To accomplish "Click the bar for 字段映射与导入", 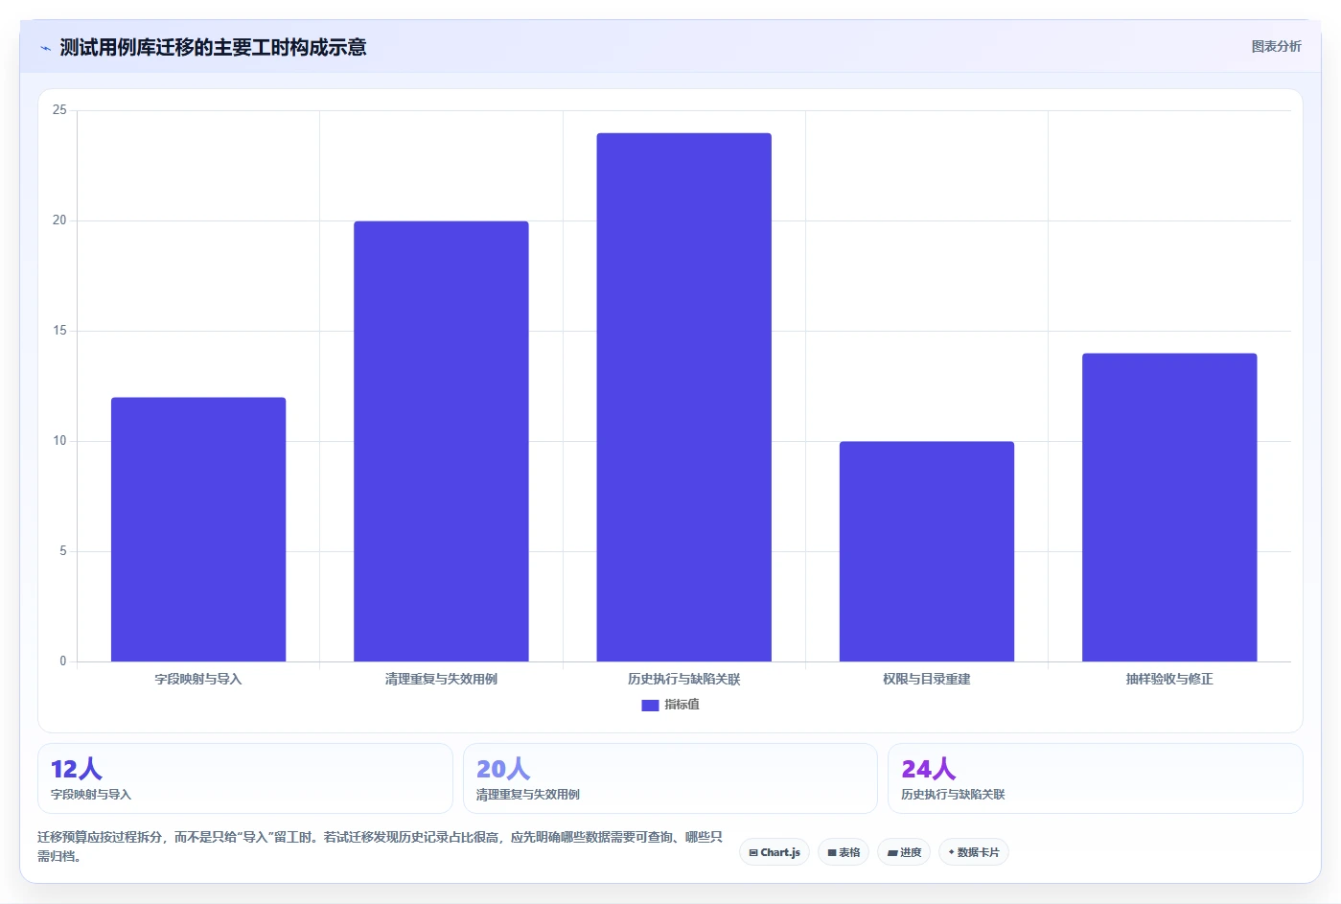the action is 198,529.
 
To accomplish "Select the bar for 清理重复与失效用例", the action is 441,441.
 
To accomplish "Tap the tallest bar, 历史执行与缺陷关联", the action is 683,397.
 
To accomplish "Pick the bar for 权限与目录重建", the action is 927,551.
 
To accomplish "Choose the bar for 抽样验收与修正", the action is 1169,507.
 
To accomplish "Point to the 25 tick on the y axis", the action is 59,110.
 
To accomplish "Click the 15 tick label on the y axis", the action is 59,331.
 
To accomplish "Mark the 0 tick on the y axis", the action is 63,661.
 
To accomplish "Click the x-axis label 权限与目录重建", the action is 927,679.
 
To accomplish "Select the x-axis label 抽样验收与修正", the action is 1169,679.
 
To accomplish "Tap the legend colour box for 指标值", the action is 650,706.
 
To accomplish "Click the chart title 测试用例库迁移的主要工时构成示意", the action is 213,47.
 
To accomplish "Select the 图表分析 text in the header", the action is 1277,47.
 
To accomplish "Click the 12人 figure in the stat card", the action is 77,769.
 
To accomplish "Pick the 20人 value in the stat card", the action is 503,769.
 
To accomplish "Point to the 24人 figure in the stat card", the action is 929,769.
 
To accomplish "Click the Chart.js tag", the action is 775,852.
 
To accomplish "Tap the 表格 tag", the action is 844,852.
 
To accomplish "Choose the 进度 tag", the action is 904,852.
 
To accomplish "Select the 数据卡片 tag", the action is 974,852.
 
